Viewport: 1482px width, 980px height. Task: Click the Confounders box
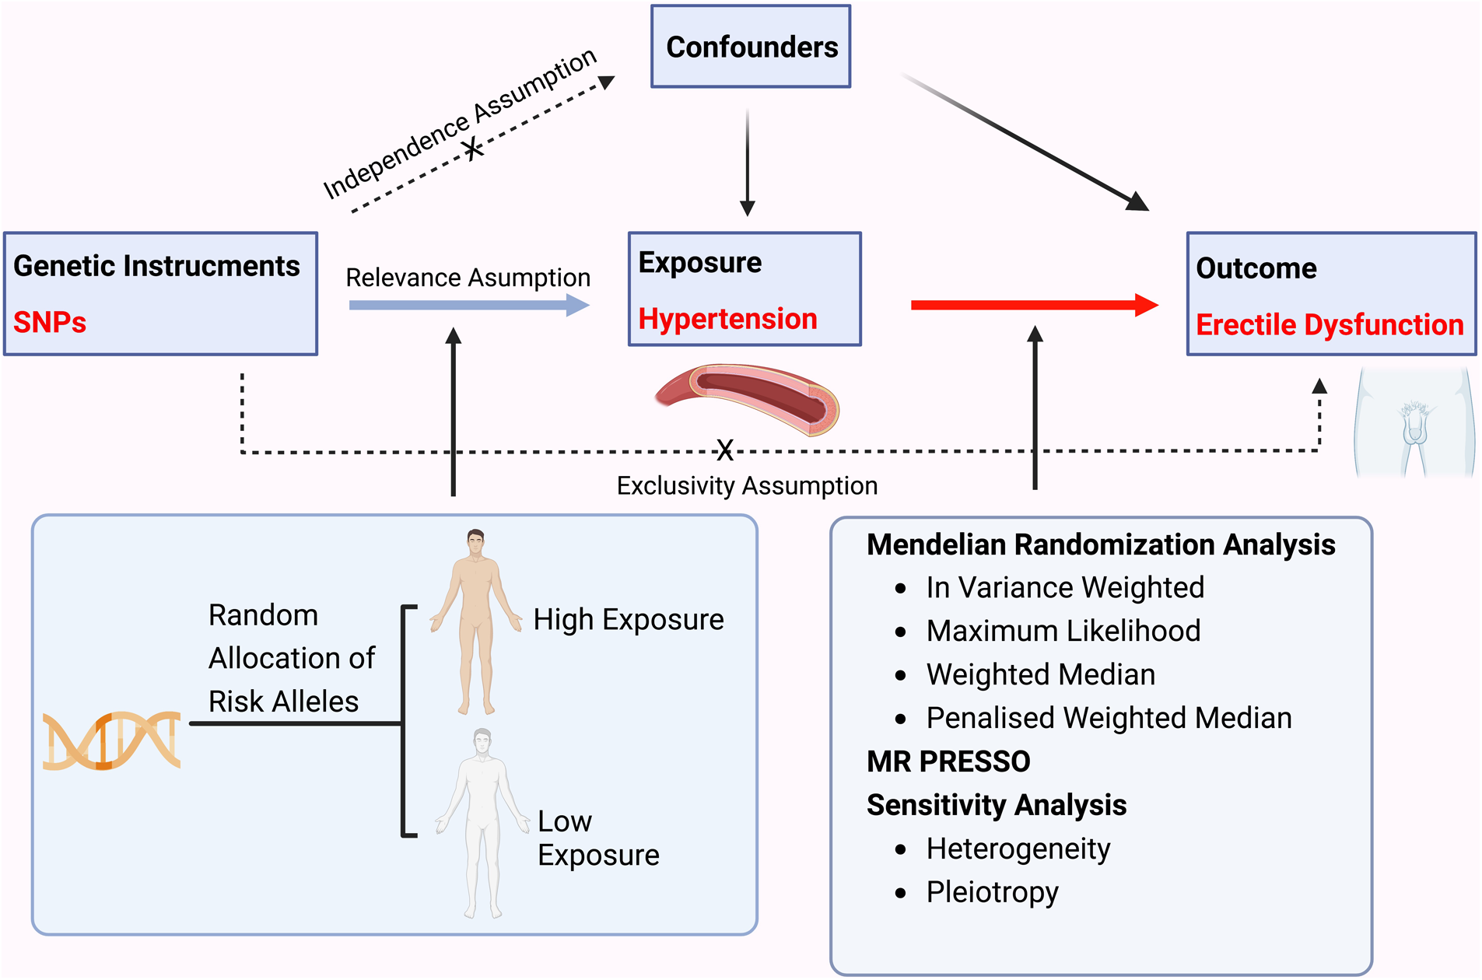click(x=751, y=47)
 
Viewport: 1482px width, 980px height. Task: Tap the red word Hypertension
click(x=727, y=319)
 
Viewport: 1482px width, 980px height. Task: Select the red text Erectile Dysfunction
click(x=1330, y=324)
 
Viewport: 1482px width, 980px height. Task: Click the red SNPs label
click(x=50, y=322)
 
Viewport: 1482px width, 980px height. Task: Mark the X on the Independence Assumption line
click(x=472, y=147)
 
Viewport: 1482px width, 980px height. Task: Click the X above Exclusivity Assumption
click(x=725, y=450)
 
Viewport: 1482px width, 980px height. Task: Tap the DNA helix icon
click(x=111, y=740)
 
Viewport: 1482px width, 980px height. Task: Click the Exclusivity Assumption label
click(x=747, y=486)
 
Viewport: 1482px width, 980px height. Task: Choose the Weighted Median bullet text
click(x=1040, y=674)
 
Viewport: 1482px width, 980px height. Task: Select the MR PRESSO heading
click(x=948, y=761)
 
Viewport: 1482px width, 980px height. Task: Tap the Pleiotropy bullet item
click(x=992, y=891)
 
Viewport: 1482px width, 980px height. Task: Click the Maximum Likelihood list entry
click(x=1063, y=631)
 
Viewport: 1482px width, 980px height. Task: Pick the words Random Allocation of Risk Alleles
click(x=291, y=658)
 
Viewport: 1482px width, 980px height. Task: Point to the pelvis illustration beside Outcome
click(x=1414, y=424)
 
